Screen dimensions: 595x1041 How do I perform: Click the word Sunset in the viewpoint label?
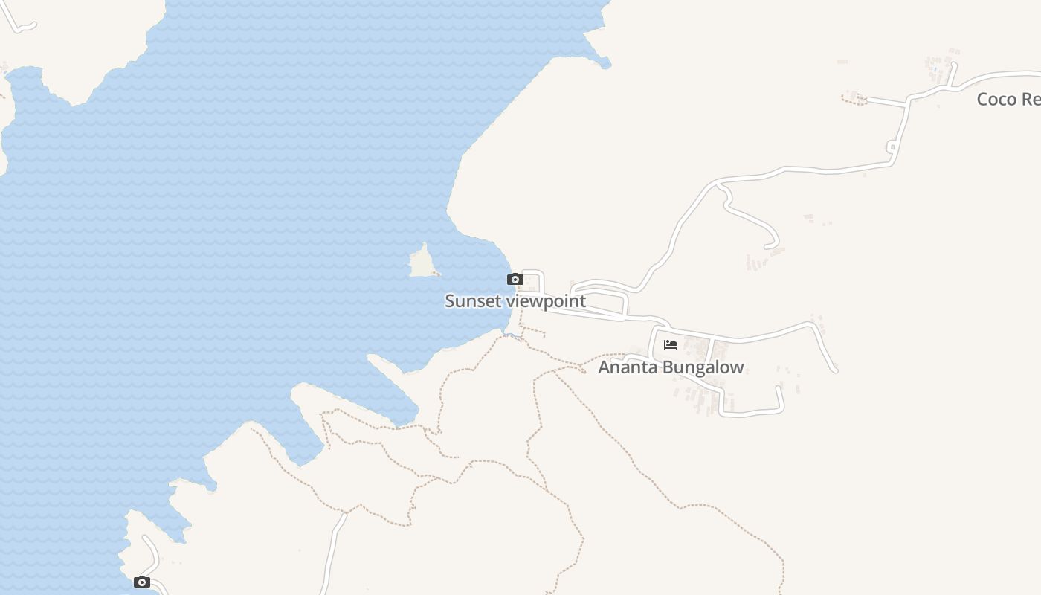[473, 301]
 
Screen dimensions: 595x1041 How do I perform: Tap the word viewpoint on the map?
[546, 301]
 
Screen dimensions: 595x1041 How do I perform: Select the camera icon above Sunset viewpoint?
[515, 280]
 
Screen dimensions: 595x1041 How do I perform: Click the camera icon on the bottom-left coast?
[141, 582]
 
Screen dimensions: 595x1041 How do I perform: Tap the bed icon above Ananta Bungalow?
[671, 344]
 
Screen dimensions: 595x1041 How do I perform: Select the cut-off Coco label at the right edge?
[1008, 99]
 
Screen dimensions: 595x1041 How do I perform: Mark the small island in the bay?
[423, 263]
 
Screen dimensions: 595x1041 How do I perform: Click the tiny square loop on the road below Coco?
[892, 148]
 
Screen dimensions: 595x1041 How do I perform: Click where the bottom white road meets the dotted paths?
[345, 513]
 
